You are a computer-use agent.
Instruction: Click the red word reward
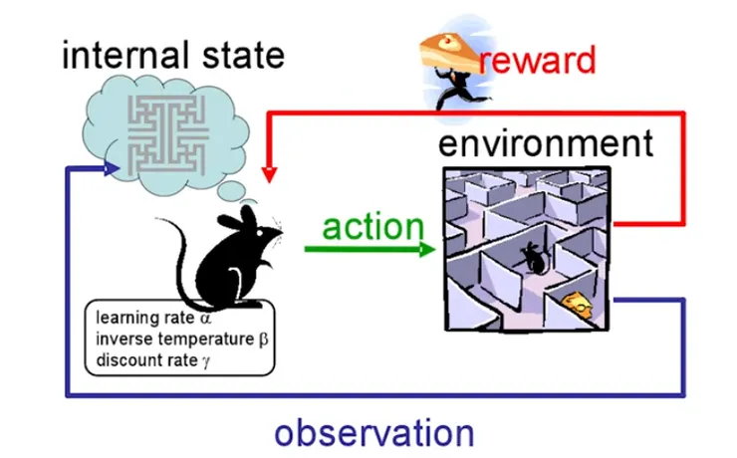pyautogui.click(x=537, y=61)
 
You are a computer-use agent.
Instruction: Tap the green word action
pyautogui.click(x=372, y=226)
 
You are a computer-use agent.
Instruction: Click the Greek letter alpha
pyautogui.click(x=205, y=320)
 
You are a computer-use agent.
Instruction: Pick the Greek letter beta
pyautogui.click(x=263, y=339)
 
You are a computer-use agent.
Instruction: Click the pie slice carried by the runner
pyautogui.click(x=449, y=45)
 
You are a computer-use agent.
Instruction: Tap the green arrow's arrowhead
pyautogui.click(x=427, y=248)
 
